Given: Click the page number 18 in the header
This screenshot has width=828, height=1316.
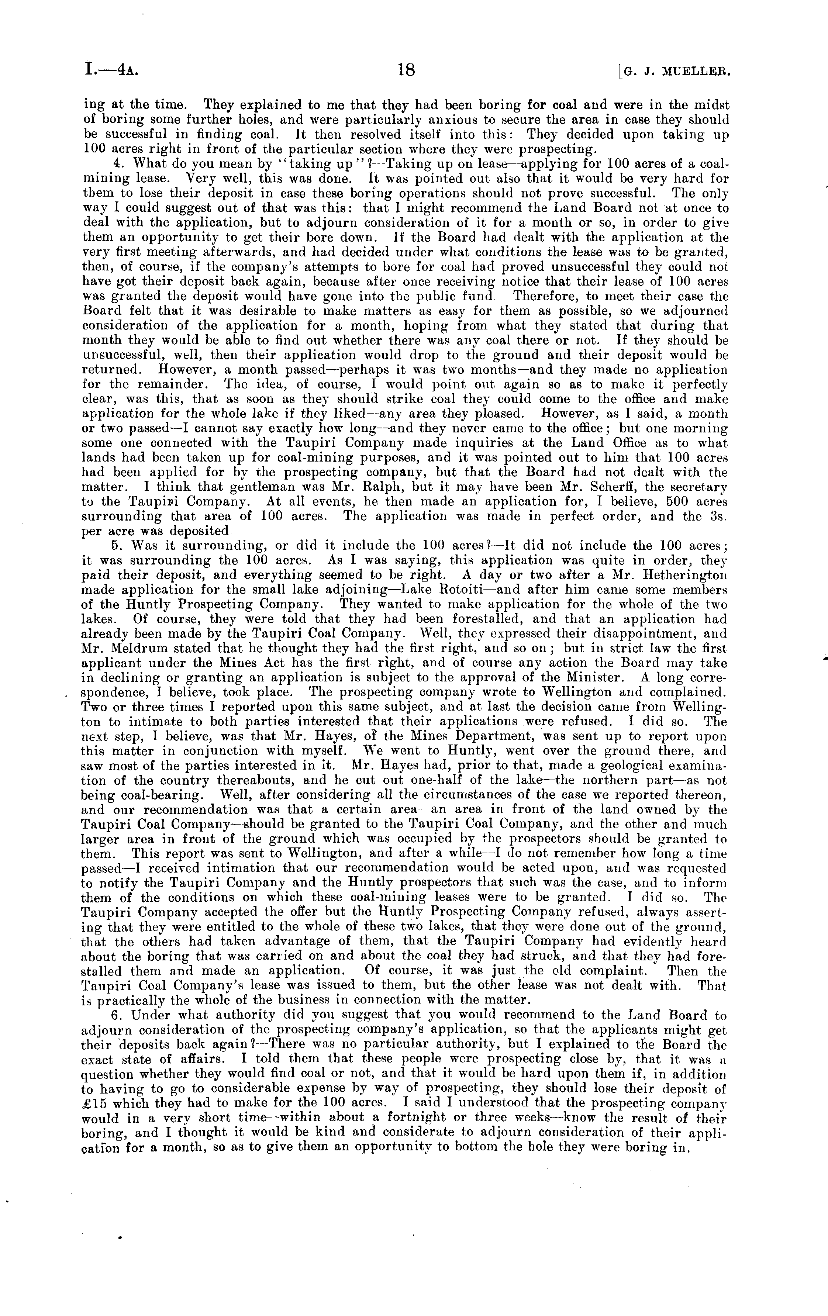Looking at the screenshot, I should (407, 70).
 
